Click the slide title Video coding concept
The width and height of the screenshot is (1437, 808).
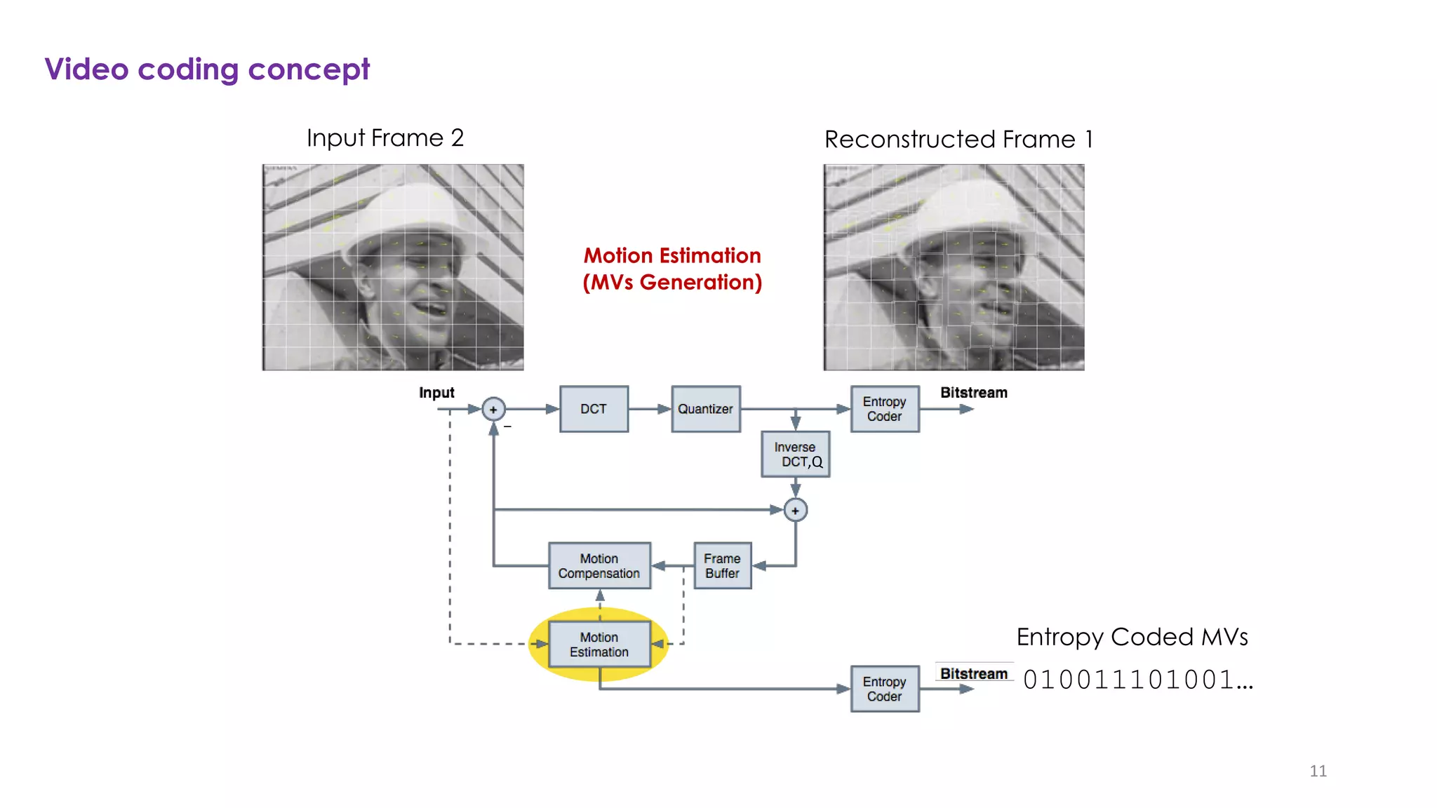pyautogui.click(x=207, y=69)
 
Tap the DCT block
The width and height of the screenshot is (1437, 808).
pyautogui.click(x=594, y=409)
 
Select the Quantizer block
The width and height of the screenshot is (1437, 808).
pyautogui.click(x=705, y=409)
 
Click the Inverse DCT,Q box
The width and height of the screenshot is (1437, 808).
pyautogui.click(x=795, y=454)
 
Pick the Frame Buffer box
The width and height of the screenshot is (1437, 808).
pyautogui.click(x=722, y=565)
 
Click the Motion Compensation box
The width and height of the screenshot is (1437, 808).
pyautogui.click(x=599, y=565)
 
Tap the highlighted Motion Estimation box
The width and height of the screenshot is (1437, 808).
pyautogui.click(x=599, y=644)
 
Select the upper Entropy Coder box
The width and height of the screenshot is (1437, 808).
pyautogui.click(x=884, y=409)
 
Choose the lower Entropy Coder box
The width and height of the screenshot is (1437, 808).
pyautogui.click(x=884, y=689)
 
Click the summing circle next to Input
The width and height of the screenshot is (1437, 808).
pyautogui.click(x=493, y=409)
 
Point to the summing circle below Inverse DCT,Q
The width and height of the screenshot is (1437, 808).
pyautogui.click(x=795, y=510)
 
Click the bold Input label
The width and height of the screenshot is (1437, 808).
pyautogui.click(x=436, y=393)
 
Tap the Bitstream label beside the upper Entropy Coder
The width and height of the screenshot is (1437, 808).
pyautogui.click(x=973, y=393)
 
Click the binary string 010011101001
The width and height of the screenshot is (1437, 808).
pyautogui.click(x=1137, y=680)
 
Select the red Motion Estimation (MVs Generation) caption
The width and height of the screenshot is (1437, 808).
pyautogui.click(x=672, y=269)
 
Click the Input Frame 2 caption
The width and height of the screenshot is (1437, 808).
pyautogui.click(x=385, y=137)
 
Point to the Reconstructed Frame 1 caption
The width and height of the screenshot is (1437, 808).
pyautogui.click(x=958, y=139)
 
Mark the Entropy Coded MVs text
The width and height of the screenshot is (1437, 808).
pyautogui.click(x=1132, y=637)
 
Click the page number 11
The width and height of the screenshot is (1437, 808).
pyautogui.click(x=1318, y=771)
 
